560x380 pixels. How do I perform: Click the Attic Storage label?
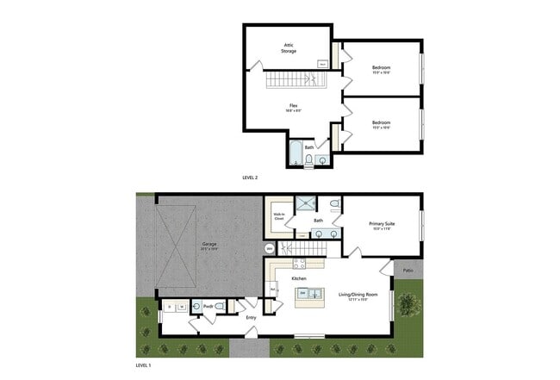pos(289,47)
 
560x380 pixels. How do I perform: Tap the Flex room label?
pos(293,108)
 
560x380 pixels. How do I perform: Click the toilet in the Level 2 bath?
pos(309,159)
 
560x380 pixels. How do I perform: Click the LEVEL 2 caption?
pos(251,178)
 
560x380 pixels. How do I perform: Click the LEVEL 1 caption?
pos(144,365)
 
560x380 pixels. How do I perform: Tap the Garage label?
pos(209,246)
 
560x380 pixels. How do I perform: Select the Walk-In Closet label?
pos(278,217)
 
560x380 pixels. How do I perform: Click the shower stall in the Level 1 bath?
pos(306,204)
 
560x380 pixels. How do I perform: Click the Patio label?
pos(406,270)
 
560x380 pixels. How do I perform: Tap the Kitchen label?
pos(299,279)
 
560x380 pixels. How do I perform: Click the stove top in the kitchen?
pos(300,264)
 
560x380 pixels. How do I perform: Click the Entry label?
pos(252,318)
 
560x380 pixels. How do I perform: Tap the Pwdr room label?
pos(208,307)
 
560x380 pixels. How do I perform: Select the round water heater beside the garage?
pos(270,249)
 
